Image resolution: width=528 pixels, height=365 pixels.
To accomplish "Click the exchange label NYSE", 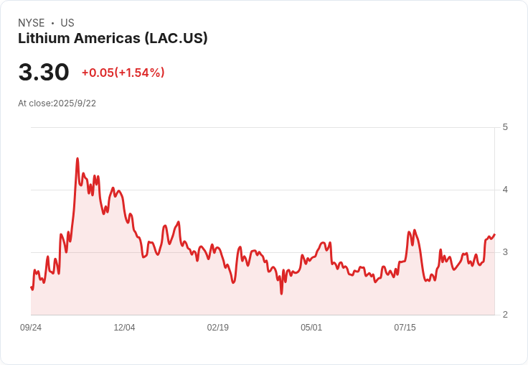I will [x=31, y=23].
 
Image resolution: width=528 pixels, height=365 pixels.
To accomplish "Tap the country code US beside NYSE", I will [x=67, y=23].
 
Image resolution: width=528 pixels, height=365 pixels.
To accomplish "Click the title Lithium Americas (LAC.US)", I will [x=113, y=39].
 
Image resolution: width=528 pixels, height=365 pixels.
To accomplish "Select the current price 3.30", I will [x=44, y=73].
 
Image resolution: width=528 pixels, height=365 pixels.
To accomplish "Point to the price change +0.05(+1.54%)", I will [x=123, y=73].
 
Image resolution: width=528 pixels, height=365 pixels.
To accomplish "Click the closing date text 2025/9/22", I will [x=75, y=103].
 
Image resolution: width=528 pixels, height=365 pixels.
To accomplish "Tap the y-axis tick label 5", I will [x=506, y=127].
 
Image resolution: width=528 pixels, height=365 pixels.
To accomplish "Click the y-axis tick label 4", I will [x=506, y=190].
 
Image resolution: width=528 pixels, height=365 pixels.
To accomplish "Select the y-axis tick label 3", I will [x=506, y=252].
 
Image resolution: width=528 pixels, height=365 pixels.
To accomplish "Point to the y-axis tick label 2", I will [x=506, y=315].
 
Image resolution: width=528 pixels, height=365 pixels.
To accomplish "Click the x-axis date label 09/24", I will [x=31, y=328].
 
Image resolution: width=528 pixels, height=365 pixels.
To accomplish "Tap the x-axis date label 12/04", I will [x=124, y=328].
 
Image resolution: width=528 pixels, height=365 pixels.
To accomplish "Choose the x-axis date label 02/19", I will [x=217, y=328].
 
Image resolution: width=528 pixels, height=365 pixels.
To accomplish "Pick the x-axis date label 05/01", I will [x=311, y=328].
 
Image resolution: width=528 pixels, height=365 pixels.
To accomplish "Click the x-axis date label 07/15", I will [x=405, y=328].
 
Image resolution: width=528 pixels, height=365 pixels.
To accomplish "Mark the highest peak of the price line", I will [x=77, y=158].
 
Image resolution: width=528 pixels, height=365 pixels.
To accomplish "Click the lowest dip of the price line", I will [x=281, y=293].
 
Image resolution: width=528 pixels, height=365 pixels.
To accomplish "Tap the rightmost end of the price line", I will [x=494, y=234].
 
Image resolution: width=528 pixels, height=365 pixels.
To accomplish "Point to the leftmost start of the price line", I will [x=31, y=287].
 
